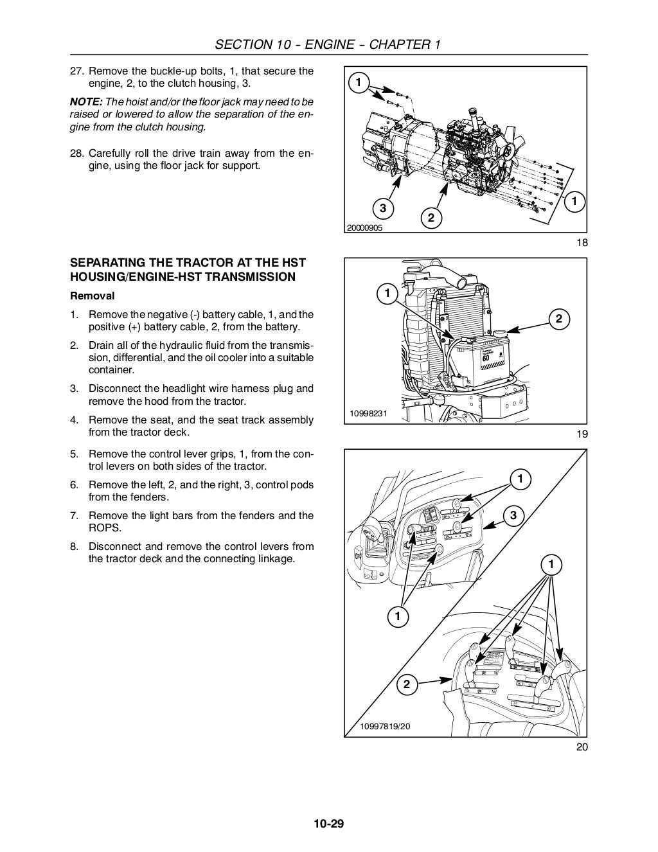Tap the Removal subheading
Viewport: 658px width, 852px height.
click(92, 296)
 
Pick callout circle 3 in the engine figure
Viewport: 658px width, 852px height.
click(382, 208)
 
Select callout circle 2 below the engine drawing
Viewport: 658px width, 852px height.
click(431, 218)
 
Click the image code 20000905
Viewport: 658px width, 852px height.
click(365, 227)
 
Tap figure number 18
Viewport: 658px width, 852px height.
click(582, 242)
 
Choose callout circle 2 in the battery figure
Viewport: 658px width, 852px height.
click(558, 319)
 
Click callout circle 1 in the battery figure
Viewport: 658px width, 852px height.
click(387, 294)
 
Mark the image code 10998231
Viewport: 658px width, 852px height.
click(368, 413)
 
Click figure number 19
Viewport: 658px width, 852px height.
click(582, 434)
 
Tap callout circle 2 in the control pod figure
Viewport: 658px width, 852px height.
click(406, 684)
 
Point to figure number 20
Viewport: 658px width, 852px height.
click(582, 747)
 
